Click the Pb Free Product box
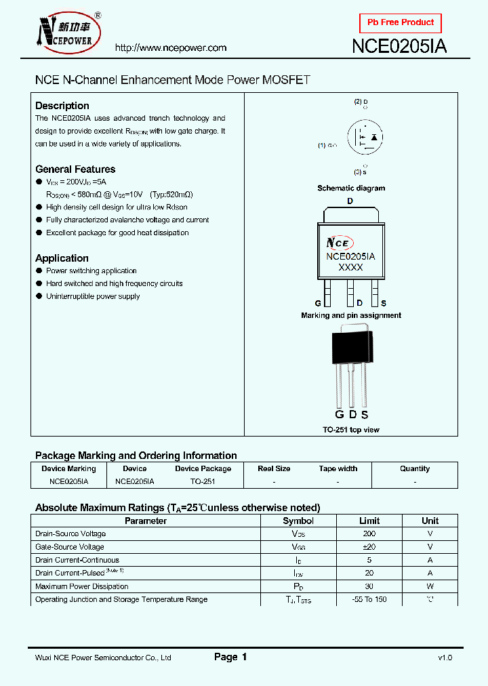pos(400,23)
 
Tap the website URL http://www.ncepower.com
pos(171,48)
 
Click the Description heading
pos(62,106)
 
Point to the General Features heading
pos(75,169)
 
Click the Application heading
pos(62,258)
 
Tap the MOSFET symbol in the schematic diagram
pos(365,138)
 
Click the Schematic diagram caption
pos(351,188)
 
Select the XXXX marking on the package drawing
pos(350,268)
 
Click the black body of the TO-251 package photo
pos(350,347)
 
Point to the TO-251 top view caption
pos(351,430)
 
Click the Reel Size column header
pos(274,468)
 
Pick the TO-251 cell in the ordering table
pos(203,481)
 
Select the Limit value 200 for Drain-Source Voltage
pos(369,534)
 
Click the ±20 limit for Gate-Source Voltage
pos(369,547)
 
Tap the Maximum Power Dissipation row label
pos(81,586)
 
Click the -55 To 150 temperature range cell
pos(369,599)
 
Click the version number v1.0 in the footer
pos(445,658)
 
